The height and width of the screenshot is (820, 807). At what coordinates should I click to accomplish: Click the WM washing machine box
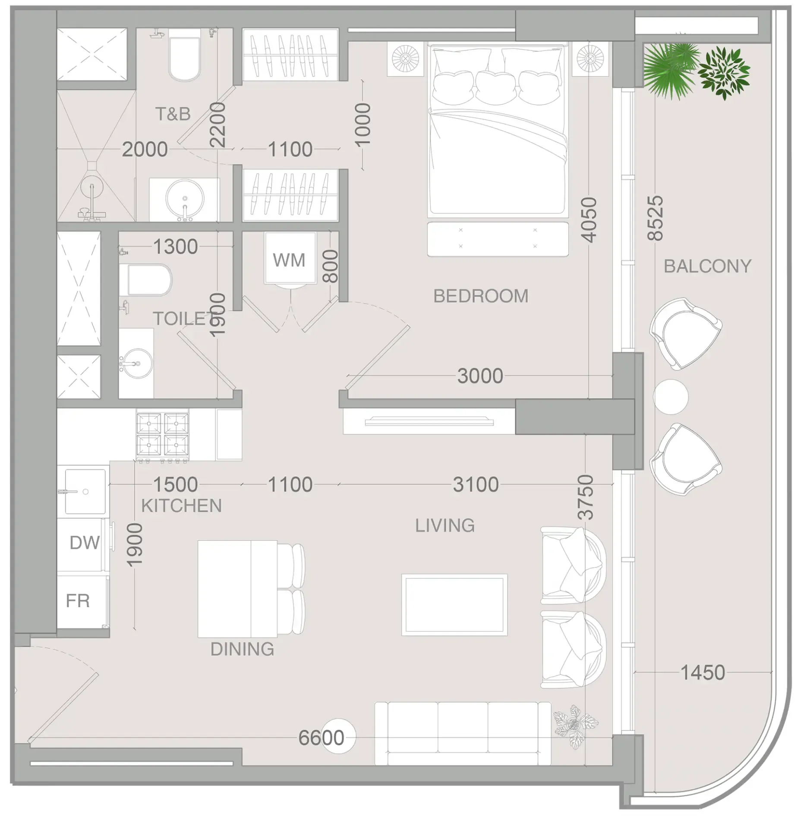(290, 258)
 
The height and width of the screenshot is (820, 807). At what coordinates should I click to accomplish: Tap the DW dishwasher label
(85, 543)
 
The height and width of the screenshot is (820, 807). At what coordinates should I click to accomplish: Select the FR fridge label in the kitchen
(78, 601)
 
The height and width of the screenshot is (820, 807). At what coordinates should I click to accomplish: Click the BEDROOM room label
(481, 296)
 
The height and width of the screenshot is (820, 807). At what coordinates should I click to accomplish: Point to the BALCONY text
(707, 266)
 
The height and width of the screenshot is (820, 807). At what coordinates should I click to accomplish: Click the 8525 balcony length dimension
(655, 218)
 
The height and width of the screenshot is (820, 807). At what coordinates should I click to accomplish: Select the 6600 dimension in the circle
(322, 738)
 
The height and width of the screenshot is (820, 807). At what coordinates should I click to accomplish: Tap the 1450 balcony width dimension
(703, 673)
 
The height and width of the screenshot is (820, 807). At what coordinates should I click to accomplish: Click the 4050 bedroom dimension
(589, 220)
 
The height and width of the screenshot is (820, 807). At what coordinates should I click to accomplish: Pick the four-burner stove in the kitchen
(163, 435)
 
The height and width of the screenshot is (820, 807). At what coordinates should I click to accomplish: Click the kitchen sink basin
(85, 491)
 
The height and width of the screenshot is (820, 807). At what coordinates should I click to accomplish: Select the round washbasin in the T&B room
(185, 199)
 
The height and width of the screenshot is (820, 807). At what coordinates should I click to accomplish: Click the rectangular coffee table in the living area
(454, 605)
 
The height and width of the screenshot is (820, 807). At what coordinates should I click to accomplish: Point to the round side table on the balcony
(670, 397)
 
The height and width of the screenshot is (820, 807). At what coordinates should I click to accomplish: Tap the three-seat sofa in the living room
(463, 733)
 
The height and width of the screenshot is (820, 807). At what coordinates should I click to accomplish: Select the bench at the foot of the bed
(498, 239)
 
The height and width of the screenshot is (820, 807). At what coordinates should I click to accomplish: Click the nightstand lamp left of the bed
(405, 59)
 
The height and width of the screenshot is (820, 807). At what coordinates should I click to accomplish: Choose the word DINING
(242, 649)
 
